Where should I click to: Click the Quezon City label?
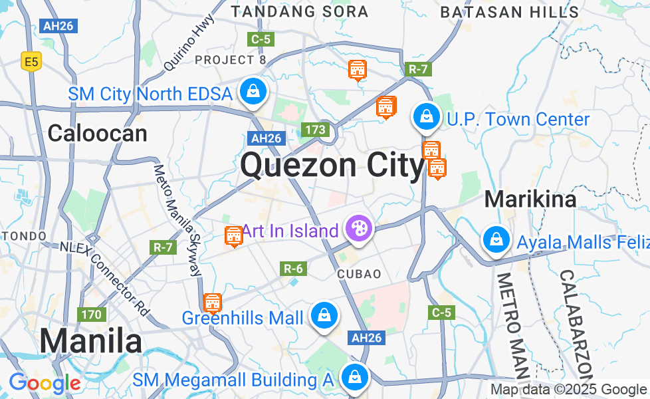tap(332, 165)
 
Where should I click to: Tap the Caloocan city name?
tap(97, 134)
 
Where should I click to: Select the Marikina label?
tap(530, 199)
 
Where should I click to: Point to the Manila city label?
tap(90, 342)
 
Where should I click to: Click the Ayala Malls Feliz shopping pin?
tap(496, 240)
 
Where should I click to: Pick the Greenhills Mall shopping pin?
tap(324, 316)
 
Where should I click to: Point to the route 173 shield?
tap(315, 130)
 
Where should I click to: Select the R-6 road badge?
tap(293, 269)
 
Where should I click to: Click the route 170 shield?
tap(91, 314)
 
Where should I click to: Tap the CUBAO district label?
tap(359, 274)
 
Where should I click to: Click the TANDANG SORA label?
tap(299, 11)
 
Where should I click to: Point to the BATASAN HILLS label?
tap(510, 12)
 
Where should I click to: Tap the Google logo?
tap(45, 384)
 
